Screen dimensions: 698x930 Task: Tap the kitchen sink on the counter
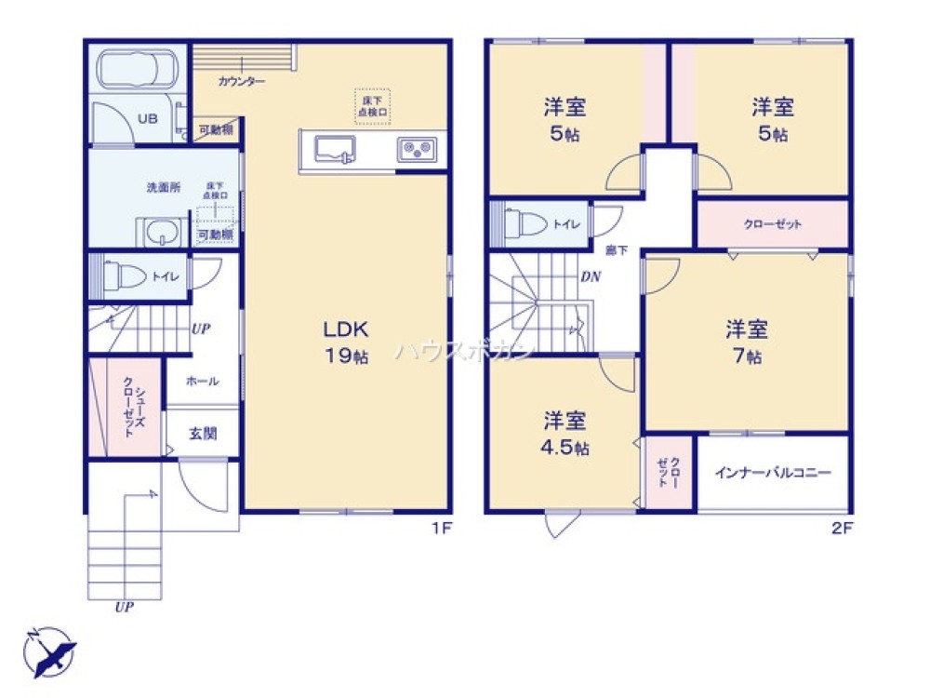click(336, 150)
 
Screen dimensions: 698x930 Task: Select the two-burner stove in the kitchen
click(418, 149)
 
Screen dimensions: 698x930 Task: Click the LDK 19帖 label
click(347, 341)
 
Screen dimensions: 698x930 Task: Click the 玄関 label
click(203, 434)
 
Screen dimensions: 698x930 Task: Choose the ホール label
click(202, 381)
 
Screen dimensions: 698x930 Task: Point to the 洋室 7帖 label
click(746, 341)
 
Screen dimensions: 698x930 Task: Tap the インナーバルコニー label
click(772, 472)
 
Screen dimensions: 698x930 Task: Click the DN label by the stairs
click(590, 276)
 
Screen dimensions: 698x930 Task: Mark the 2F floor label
click(842, 528)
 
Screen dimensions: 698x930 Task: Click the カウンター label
click(242, 82)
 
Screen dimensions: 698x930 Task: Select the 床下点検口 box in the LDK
click(372, 105)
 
